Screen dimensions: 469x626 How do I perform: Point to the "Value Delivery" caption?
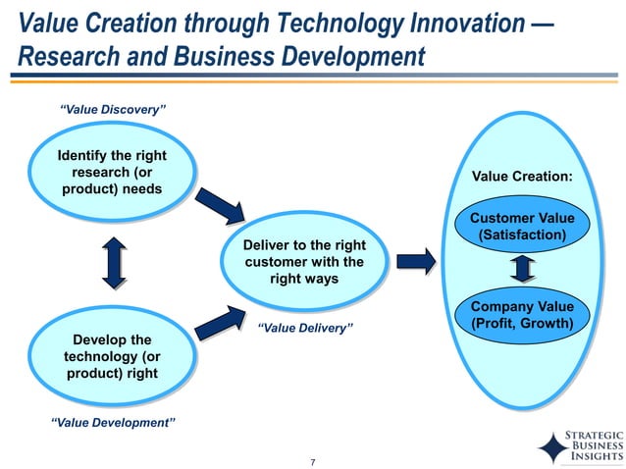304,329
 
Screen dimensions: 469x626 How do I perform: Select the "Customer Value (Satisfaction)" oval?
522,227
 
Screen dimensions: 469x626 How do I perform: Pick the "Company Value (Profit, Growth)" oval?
522,315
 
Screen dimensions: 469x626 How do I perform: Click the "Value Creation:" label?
522,177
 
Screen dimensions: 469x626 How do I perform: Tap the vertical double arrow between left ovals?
114,263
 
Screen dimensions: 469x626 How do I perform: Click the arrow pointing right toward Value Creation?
417,262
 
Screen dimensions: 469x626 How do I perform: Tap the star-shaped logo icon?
553,446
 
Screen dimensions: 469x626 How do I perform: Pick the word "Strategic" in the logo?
596,433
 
